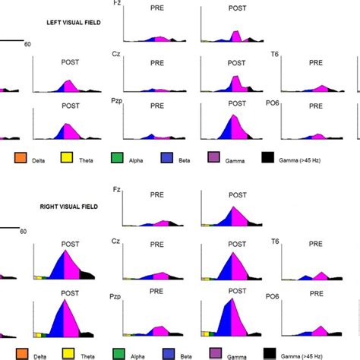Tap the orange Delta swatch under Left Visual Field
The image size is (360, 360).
tap(21, 159)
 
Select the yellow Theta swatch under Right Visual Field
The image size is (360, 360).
tap(68, 352)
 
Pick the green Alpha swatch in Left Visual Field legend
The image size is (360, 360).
tap(117, 159)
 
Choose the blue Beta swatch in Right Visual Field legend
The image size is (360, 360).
tap(166, 352)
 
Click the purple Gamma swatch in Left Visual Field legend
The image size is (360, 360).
tap(213, 159)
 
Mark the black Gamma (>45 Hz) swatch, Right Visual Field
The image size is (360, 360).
tap(267, 352)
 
